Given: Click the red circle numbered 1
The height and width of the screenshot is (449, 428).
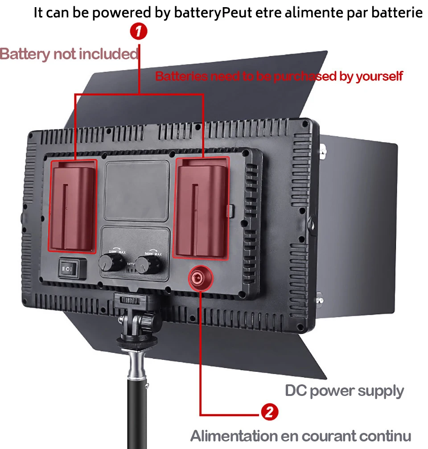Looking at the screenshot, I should tap(139, 32).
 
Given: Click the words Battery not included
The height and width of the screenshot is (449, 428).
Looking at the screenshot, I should tap(69, 54).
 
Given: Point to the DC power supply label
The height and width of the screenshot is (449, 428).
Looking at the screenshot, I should tap(344, 391).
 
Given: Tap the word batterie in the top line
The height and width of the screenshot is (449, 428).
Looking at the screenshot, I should tap(399, 13).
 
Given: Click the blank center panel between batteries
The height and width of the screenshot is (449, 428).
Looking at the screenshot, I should tap(136, 190).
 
